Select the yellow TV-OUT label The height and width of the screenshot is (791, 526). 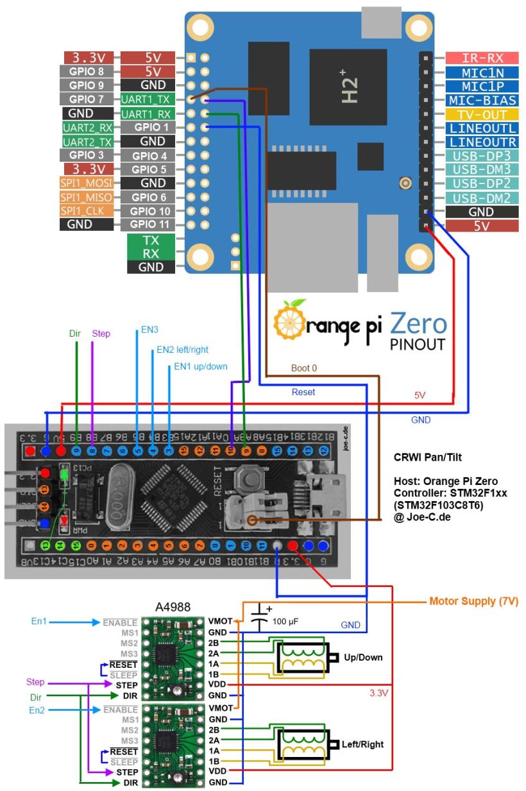pyautogui.click(x=472, y=114)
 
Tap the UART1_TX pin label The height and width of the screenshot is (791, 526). pyautogui.click(x=144, y=99)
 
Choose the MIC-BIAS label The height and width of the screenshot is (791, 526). pyautogui.click(x=472, y=100)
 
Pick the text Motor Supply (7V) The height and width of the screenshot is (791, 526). pyautogui.click(x=473, y=602)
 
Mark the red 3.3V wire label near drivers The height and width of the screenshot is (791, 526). pyautogui.click(x=380, y=692)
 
